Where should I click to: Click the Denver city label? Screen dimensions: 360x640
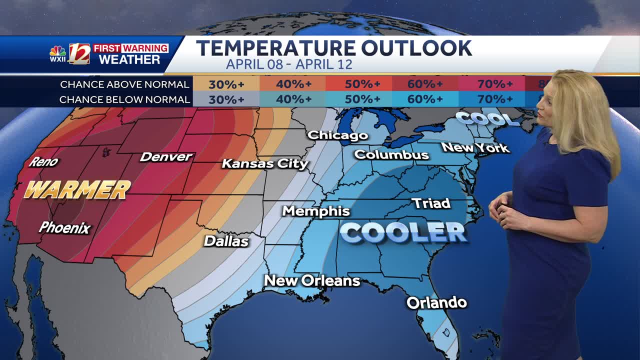point(166,156)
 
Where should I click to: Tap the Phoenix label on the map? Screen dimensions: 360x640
point(64,228)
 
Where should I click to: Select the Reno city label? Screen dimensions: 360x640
point(43,161)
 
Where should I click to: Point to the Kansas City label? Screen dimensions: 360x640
point(265,163)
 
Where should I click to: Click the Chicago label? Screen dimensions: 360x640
point(337,135)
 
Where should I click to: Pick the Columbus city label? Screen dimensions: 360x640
point(391,154)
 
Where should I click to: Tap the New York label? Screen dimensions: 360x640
point(475,147)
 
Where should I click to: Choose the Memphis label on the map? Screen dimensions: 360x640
point(316,210)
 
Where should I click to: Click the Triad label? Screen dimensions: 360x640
point(430,203)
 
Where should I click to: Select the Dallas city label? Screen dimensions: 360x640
point(226,241)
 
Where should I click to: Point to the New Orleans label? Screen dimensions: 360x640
point(312,280)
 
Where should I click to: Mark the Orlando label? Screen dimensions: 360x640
point(436,302)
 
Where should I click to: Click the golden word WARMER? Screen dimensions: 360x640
point(77,190)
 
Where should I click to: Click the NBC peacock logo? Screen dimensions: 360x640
point(58,52)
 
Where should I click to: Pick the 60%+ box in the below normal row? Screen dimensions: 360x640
point(425,99)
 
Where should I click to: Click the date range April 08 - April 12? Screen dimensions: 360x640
point(289,64)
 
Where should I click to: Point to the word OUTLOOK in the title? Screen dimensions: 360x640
point(416,48)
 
